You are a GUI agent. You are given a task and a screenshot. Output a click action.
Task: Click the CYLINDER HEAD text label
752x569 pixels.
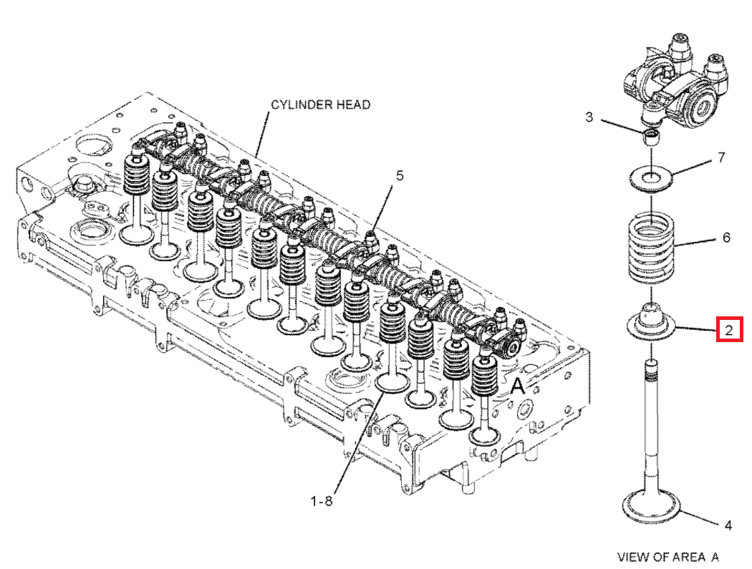click(320, 104)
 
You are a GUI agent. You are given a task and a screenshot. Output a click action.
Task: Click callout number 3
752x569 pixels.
click(589, 117)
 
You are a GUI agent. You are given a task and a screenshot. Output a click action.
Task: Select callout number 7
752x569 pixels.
click(721, 157)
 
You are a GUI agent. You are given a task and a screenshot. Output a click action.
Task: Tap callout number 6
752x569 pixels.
click(726, 237)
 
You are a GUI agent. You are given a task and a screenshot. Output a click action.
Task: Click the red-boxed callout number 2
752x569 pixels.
click(728, 330)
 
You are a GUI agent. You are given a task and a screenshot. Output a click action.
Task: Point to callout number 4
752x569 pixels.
click(728, 525)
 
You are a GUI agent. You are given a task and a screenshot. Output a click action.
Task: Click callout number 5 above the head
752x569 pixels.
click(400, 175)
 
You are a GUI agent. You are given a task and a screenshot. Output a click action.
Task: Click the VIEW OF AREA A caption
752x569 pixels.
click(667, 556)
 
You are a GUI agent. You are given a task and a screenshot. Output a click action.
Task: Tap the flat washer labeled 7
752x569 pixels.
click(651, 177)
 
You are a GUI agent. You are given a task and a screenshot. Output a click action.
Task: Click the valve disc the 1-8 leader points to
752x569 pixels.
click(394, 383)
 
